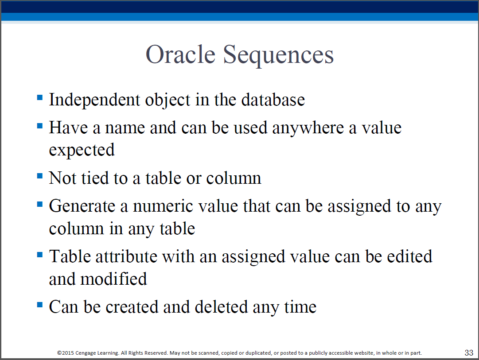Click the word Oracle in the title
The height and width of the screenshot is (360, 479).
[x=180, y=54]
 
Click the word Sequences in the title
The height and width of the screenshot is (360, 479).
[x=278, y=56]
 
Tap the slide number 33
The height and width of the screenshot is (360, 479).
[x=469, y=352]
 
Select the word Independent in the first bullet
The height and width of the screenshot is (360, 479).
[x=94, y=100]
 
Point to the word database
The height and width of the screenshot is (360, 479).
[x=273, y=100]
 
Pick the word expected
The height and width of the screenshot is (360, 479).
[x=82, y=150]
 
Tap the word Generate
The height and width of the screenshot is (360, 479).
[x=82, y=206]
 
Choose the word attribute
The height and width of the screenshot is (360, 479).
[x=126, y=256]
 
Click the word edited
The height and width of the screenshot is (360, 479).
[x=409, y=256]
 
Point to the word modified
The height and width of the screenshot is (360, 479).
[x=113, y=279]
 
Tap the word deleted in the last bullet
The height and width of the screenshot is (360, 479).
[x=221, y=307]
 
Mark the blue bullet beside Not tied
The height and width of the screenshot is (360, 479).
[x=40, y=176]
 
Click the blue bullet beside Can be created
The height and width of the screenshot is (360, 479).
[x=40, y=304]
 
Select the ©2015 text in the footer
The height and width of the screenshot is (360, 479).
[x=66, y=353]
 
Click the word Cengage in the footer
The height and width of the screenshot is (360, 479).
[x=86, y=353]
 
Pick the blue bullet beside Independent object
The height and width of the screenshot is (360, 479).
[x=40, y=97]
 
